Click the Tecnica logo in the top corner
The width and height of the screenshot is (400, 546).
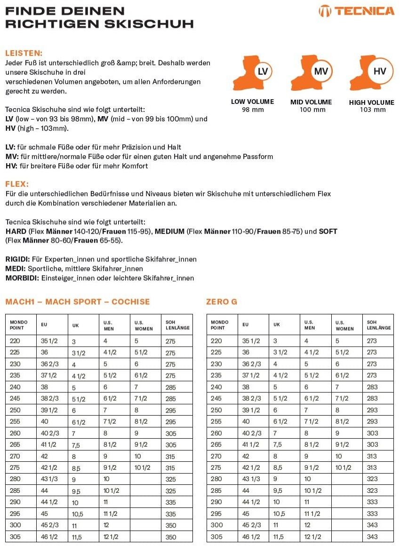click(356, 11)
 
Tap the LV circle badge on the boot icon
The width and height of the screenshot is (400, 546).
click(263, 71)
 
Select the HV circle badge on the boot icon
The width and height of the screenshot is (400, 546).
click(379, 71)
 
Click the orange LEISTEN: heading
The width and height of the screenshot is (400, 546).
click(24, 53)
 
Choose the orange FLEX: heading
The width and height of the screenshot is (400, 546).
click(17, 184)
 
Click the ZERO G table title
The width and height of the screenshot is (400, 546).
click(222, 301)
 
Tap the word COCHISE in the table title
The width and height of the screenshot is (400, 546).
click(131, 301)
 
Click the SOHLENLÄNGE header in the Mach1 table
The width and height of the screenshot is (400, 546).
click(177, 325)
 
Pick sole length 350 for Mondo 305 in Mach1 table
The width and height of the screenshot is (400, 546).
click(171, 537)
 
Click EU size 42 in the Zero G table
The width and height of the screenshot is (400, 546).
click(247, 456)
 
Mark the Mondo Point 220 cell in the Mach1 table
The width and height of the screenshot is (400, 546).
click(15, 341)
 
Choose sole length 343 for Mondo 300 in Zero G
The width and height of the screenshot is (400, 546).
click(372, 525)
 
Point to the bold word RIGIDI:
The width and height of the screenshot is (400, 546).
click(17, 259)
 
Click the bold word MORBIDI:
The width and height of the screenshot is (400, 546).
click(22, 278)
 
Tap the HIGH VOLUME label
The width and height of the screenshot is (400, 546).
click(372, 102)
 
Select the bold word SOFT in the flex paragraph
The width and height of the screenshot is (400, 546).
click(328, 231)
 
